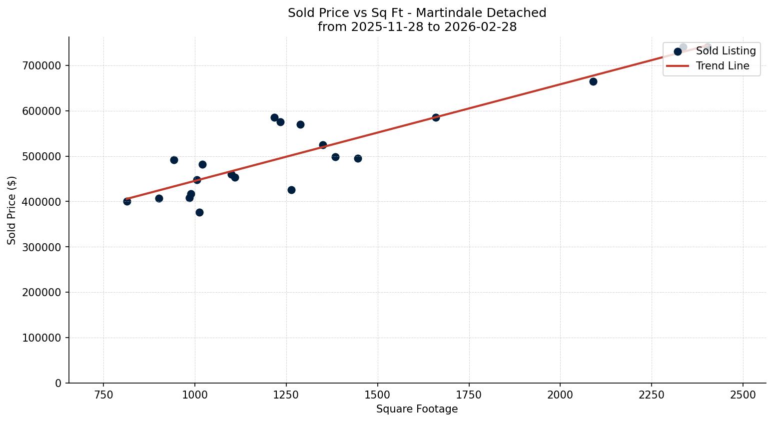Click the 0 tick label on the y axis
[x=58, y=383]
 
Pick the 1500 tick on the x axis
[x=377, y=394]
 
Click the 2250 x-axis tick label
[x=652, y=394]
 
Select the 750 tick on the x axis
[x=103, y=394]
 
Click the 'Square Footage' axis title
[x=417, y=409]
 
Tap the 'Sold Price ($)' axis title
[x=11, y=210]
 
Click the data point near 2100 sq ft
[x=593, y=81]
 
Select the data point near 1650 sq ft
[x=436, y=117]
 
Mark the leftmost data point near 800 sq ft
[x=127, y=201]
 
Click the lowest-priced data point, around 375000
[x=199, y=212]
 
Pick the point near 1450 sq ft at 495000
[x=358, y=158]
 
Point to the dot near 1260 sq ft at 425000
[x=291, y=190]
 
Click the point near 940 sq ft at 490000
[x=174, y=160]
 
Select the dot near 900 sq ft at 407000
[x=159, y=198]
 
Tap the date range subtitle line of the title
[x=417, y=27]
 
